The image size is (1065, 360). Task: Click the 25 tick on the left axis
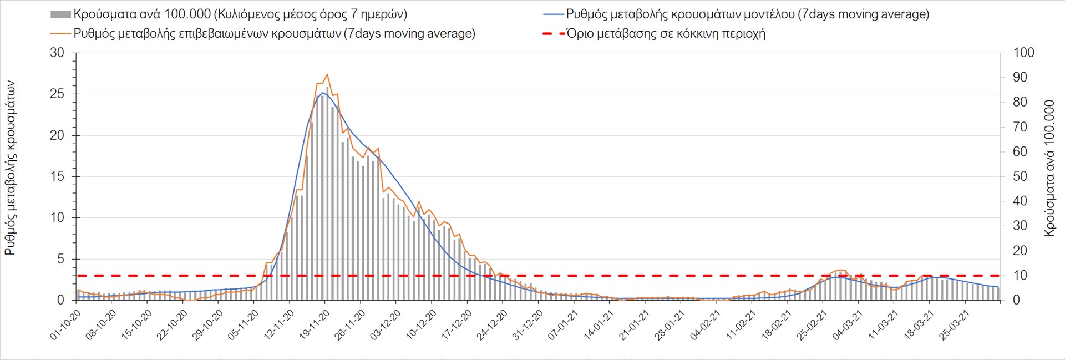tap(57, 94)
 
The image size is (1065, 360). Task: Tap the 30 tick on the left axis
tap(57, 53)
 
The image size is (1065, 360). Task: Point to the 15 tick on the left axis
tap(57, 176)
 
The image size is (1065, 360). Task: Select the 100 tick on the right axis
tap(1023, 53)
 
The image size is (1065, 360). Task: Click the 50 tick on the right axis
tap(1020, 176)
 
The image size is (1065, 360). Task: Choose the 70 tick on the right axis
tap(1020, 127)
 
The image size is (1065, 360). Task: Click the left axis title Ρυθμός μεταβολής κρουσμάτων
tap(10, 168)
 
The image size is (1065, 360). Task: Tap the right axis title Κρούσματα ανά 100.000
tap(1049, 168)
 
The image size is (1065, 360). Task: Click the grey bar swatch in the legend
tap(60, 14)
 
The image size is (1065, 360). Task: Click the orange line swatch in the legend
tap(60, 34)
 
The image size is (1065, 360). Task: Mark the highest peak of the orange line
tap(327, 74)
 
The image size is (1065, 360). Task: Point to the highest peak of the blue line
tap(323, 93)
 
